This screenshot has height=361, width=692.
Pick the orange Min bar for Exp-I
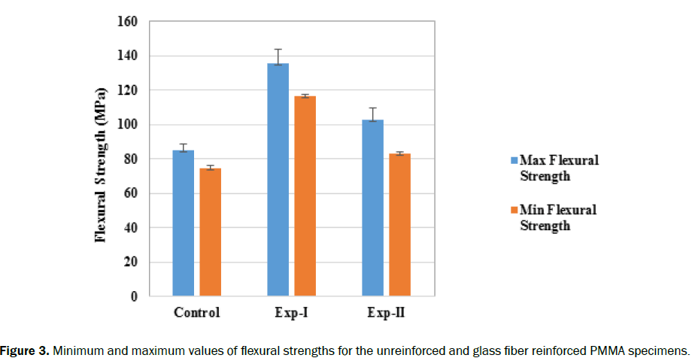click(x=305, y=196)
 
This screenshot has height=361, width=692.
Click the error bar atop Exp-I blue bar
click(x=278, y=56)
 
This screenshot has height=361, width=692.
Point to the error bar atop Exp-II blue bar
click(x=373, y=114)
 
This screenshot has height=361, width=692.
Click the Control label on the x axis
click(x=196, y=313)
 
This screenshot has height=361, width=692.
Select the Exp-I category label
click(x=292, y=313)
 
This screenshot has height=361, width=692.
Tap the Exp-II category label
click(x=387, y=313)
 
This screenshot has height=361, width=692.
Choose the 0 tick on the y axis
click(x=133, y=296)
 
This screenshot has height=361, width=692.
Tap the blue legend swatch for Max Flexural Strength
click(x=514, y=160)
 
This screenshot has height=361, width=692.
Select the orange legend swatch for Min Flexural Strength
click(x=514, y=210)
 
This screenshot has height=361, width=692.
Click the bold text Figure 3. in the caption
click(x=24, y=350)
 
